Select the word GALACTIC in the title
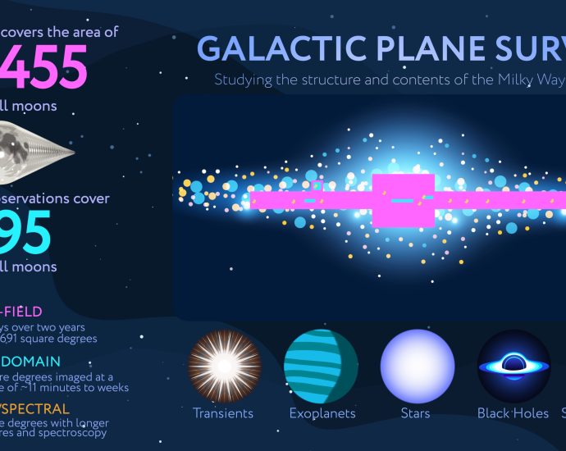(x=262, y=50)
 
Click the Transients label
(x=223, y=413)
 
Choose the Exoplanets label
(x=322, y=413)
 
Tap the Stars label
(x=417, y=413)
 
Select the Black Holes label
(x=514, y=413)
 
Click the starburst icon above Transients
(x=224, y=365)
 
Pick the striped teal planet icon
(x=321, y=365)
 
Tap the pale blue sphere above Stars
(x=418, y=365)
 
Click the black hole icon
(x=514, y=365)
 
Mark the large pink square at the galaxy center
(x=403, y=200)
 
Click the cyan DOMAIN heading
(x=30, y=361)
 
